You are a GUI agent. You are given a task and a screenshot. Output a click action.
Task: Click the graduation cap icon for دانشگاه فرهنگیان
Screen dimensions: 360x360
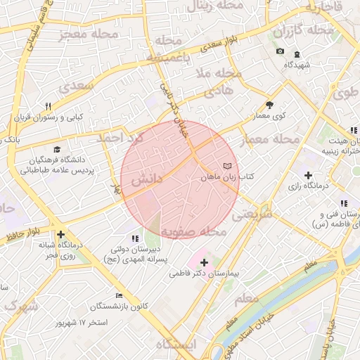56,149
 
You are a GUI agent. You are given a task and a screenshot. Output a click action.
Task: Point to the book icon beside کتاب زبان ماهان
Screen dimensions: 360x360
226,166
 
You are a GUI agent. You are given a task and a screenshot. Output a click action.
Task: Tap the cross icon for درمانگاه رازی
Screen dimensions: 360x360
308,174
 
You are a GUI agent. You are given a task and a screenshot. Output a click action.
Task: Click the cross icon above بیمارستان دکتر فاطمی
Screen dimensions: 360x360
204,262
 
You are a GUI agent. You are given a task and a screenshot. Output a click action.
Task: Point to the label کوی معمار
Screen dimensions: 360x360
268,115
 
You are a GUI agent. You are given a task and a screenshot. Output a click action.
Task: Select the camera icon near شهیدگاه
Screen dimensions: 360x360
280,52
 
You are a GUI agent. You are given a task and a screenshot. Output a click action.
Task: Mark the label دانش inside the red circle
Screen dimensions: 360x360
147,179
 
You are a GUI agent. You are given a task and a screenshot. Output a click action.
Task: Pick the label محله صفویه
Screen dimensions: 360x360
193,231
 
